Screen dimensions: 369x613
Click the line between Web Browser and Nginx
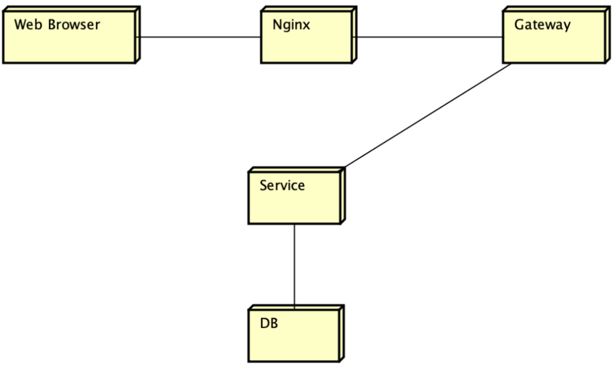[x=199, y=37]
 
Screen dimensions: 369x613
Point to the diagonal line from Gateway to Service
[x=427, y=115]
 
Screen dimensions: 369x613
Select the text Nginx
[x=291, y=25]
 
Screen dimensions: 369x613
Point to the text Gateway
[x=542, y=25]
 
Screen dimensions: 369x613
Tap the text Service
[x=282, y=185]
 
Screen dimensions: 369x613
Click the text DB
[x=269, y=324]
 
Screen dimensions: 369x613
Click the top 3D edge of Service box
[x=296, y=170]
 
